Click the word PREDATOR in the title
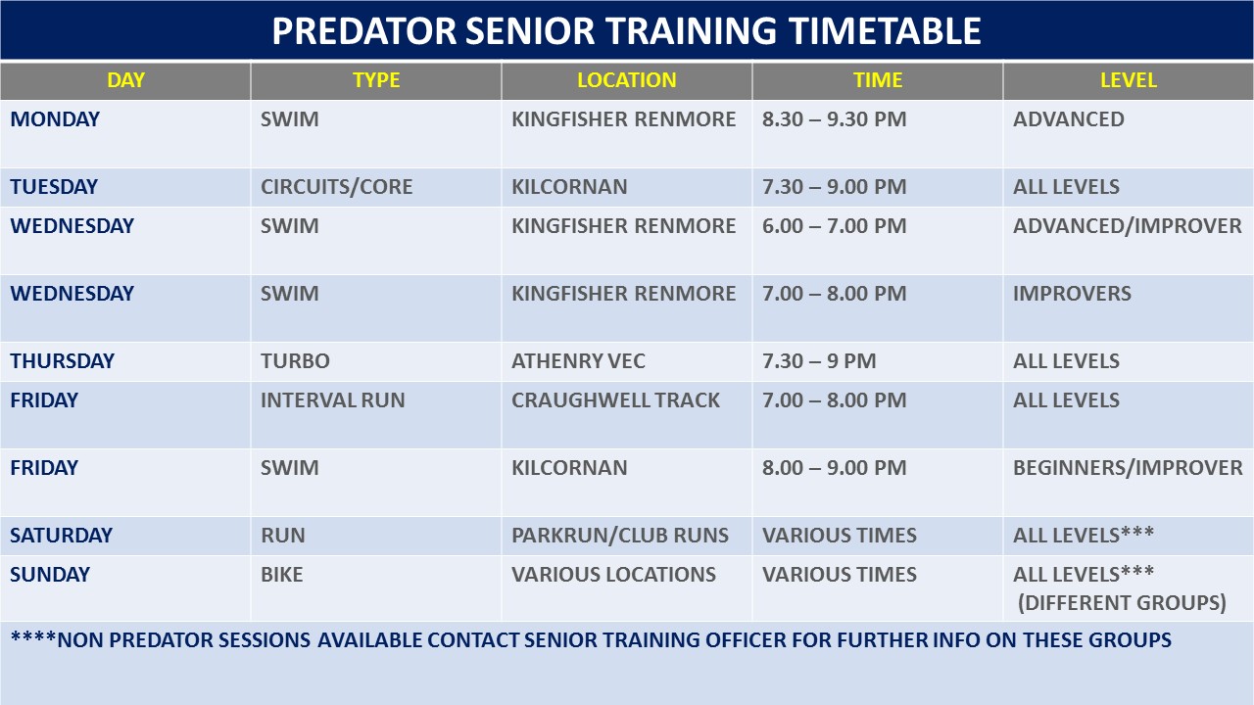pos(363,30)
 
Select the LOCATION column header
pos(626,80)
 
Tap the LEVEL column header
pos(1128,80)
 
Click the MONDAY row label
pos(55,119)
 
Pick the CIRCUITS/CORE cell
pos(336,187)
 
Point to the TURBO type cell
pos(295,361)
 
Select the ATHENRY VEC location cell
pos(578,361)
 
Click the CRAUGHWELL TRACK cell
pos(616,400)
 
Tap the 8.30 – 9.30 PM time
pos(834,119)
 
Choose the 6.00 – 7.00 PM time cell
pos(834,226)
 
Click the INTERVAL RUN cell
pos(332,400)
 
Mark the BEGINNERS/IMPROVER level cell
pos(1128,468)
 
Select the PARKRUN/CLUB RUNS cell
pos(620,536)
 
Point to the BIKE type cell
pos(281,575)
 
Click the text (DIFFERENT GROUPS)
pos(1122,602)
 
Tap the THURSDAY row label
pos(62,361)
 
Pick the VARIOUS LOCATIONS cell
pos(613,575)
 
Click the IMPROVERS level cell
pos(1072,294)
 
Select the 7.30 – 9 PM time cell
pos(819,361)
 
